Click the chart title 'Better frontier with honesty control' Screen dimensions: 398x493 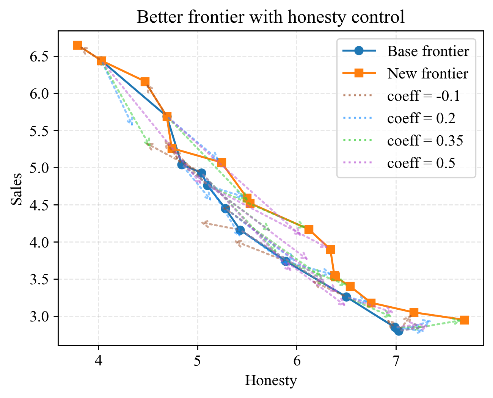(x=270, y=17)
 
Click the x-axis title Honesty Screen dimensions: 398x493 (x=270, y=380)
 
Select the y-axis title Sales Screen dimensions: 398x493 (x=16, y=188)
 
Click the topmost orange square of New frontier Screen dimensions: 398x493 (x=77, y=45)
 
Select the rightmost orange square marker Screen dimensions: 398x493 (x=464, y=320)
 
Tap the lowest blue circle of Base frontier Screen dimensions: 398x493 (x=399, y=331)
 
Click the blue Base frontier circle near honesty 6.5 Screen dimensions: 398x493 (x=346, y=297)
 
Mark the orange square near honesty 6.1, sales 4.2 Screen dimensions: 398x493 (x=309, y=229)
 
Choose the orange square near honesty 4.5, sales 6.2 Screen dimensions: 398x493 (x=145, y=82)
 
